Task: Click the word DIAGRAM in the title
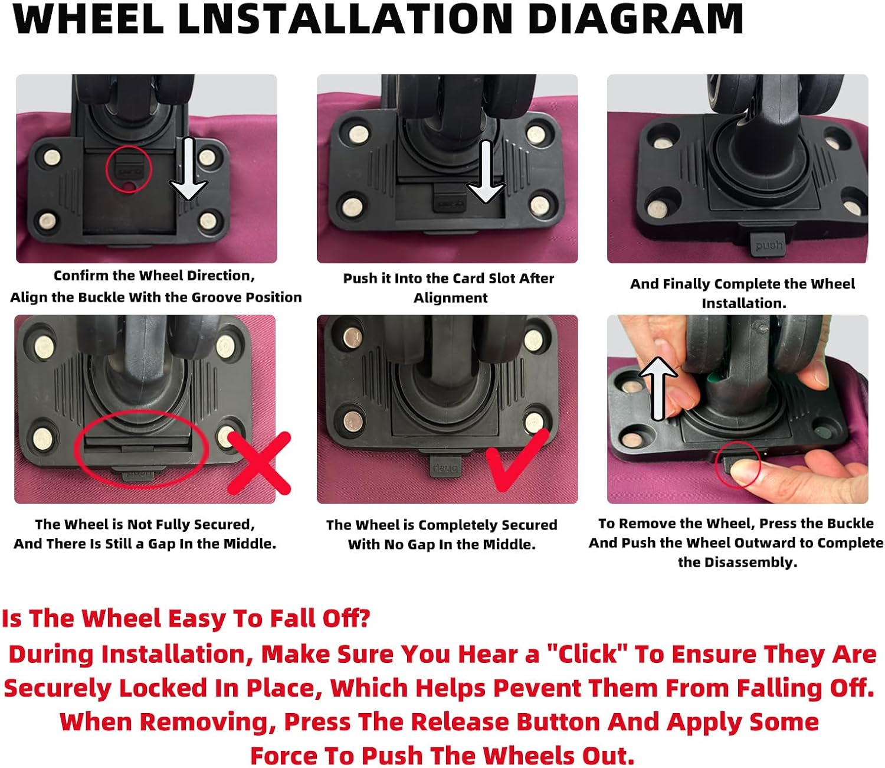point(635,19)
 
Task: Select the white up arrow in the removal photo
point(658,388)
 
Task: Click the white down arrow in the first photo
point(188,169)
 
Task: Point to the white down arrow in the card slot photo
point(486,171)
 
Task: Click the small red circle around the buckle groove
point(129,169)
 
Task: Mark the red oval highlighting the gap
point(142,449)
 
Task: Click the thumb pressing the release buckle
point(745,472)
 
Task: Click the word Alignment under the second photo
point(450,298)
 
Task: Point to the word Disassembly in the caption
point(750,562)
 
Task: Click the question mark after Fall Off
point(364,618)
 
